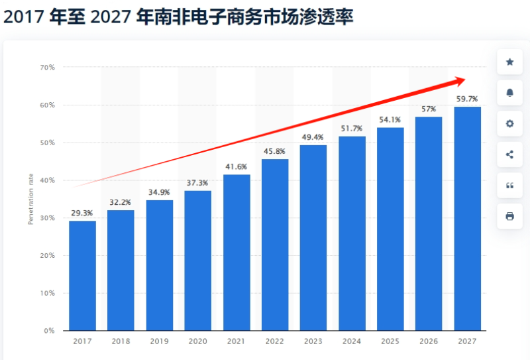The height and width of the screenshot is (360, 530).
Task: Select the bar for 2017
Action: [x=82, y=275]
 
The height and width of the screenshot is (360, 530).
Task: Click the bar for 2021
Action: [x=237, y=252]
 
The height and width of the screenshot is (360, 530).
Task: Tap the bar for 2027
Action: [x=467, y=219]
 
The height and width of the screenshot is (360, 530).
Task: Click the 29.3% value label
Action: [x=82, y=213]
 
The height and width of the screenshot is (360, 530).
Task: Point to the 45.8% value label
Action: [x=275, y=152]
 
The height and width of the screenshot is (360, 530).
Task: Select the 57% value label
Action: [x=428, y=109]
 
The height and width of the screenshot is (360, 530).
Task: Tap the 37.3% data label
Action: [x=197, y=183]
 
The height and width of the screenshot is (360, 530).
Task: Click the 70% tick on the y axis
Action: [x=47, y=68]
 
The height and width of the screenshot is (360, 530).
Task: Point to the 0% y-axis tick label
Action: [x=50, y=330]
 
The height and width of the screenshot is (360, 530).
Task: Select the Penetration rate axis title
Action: [x=30, y=199]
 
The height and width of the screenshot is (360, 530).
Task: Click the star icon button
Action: [x=509, y=62]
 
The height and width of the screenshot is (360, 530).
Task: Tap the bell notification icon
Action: [x=509, y=93]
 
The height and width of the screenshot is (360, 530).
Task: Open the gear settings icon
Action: [x=509, y=124]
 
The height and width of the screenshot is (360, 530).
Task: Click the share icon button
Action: [x=509, y=154]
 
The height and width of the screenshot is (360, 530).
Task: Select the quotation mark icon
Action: [x=509, y=186]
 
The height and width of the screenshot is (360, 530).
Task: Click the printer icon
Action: [x=509, y=216]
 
